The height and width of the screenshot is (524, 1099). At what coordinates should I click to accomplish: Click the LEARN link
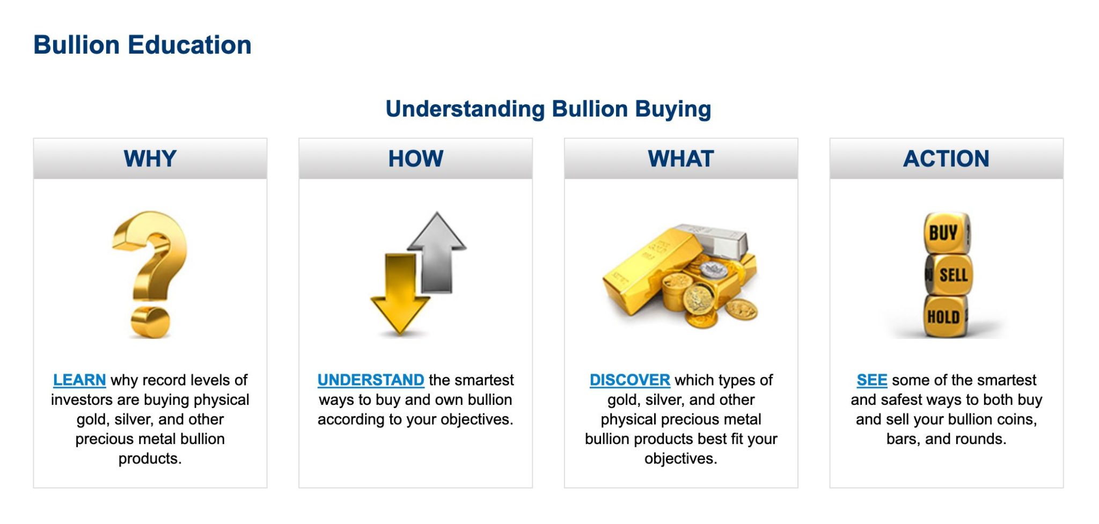79,380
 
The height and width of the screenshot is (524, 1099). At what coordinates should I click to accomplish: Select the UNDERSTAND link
370,380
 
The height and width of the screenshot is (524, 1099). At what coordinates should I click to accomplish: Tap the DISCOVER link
629,380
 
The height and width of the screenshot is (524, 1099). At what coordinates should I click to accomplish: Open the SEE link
871,380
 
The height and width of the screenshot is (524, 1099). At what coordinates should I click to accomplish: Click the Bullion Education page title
142,45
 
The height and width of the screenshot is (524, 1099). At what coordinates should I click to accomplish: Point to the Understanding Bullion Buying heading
548,109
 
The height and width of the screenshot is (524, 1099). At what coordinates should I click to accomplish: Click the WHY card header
150,159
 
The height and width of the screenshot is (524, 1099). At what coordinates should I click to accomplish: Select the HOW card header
415,159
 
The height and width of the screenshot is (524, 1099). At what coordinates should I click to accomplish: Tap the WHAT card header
680,159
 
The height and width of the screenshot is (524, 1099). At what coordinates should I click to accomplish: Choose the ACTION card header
946,159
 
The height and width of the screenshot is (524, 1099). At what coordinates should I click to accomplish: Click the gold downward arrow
400,293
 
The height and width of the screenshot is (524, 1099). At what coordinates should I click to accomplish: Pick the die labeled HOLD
944,317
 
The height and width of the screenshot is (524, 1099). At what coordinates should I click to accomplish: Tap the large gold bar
644,268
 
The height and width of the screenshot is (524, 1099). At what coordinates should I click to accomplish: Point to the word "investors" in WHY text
82,400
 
